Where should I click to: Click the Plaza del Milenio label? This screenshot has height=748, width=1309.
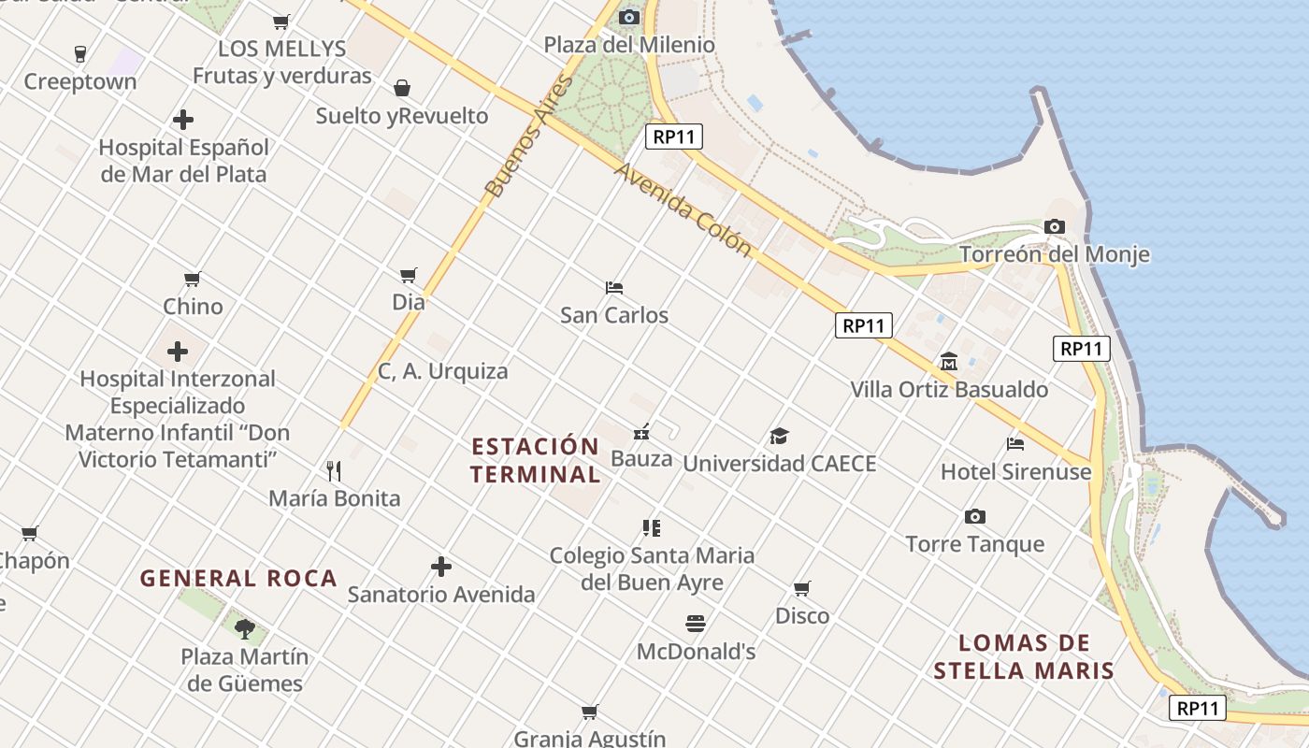629,45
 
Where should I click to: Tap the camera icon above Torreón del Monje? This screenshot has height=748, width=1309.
1054,227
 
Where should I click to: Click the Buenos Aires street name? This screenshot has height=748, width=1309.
527,137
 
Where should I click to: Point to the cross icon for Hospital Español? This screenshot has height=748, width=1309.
183,120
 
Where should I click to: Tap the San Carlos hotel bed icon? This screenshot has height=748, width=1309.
614,288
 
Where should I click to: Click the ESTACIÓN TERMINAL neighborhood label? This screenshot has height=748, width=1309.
535,460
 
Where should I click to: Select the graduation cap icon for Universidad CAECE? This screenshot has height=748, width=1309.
779,436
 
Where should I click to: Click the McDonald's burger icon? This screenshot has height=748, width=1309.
696,624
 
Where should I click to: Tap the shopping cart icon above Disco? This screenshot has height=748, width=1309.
802,589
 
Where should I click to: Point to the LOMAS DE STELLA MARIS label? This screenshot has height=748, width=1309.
1024,656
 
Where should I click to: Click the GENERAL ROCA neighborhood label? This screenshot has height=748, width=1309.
238,579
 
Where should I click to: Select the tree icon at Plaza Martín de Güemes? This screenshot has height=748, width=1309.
245,628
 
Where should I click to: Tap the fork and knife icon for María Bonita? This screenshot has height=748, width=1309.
334,470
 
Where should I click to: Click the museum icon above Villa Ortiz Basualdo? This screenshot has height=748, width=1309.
949,362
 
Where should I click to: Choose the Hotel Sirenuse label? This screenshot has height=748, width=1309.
1015,471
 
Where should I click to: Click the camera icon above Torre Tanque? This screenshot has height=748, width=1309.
975,517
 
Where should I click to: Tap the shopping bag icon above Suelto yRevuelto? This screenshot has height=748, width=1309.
402,89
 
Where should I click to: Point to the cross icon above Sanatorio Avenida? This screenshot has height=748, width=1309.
441,567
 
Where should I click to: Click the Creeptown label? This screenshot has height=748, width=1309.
80,81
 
